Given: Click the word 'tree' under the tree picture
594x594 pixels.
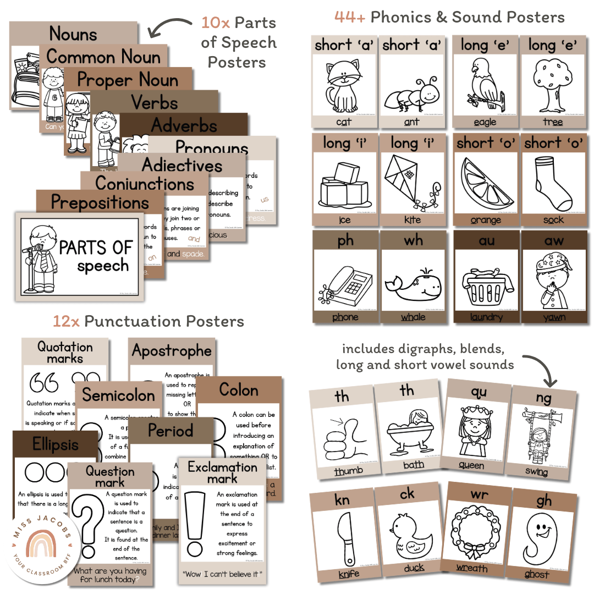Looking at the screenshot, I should (x=553, y=122).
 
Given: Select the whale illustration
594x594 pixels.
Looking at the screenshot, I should (x=413, y=283).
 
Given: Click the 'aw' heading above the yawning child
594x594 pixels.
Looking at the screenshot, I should (x=553, y=240).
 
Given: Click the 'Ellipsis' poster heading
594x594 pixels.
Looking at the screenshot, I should (x=56, y=444).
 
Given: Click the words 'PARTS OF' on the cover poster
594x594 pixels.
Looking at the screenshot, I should (x=96, y=248).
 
